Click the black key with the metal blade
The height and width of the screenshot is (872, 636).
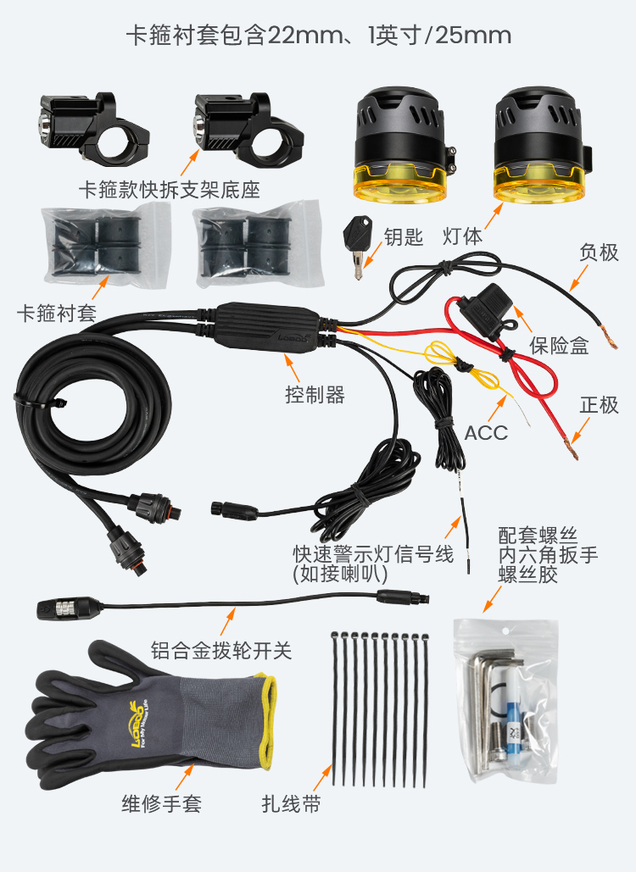pos(356,246)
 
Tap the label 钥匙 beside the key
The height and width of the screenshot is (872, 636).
pos(404,237)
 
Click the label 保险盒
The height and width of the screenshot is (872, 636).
pos(559,346)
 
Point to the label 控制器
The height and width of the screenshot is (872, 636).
pos(315,395)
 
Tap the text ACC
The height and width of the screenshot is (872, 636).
pos(486,433)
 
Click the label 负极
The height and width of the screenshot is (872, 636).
pos(599,252)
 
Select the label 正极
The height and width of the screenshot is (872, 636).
pos(599,405)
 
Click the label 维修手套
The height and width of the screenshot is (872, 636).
pos(161,803)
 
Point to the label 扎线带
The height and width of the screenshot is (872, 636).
pos(291,803)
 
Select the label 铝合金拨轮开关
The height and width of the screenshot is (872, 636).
pos(220,650)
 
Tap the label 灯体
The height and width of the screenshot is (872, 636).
pos(462,236)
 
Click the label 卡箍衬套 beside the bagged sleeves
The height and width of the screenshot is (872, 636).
pos(57,313)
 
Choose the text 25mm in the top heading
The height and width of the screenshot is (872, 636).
pos(473,36)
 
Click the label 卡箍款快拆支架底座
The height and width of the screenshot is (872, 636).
pos(170,190)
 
